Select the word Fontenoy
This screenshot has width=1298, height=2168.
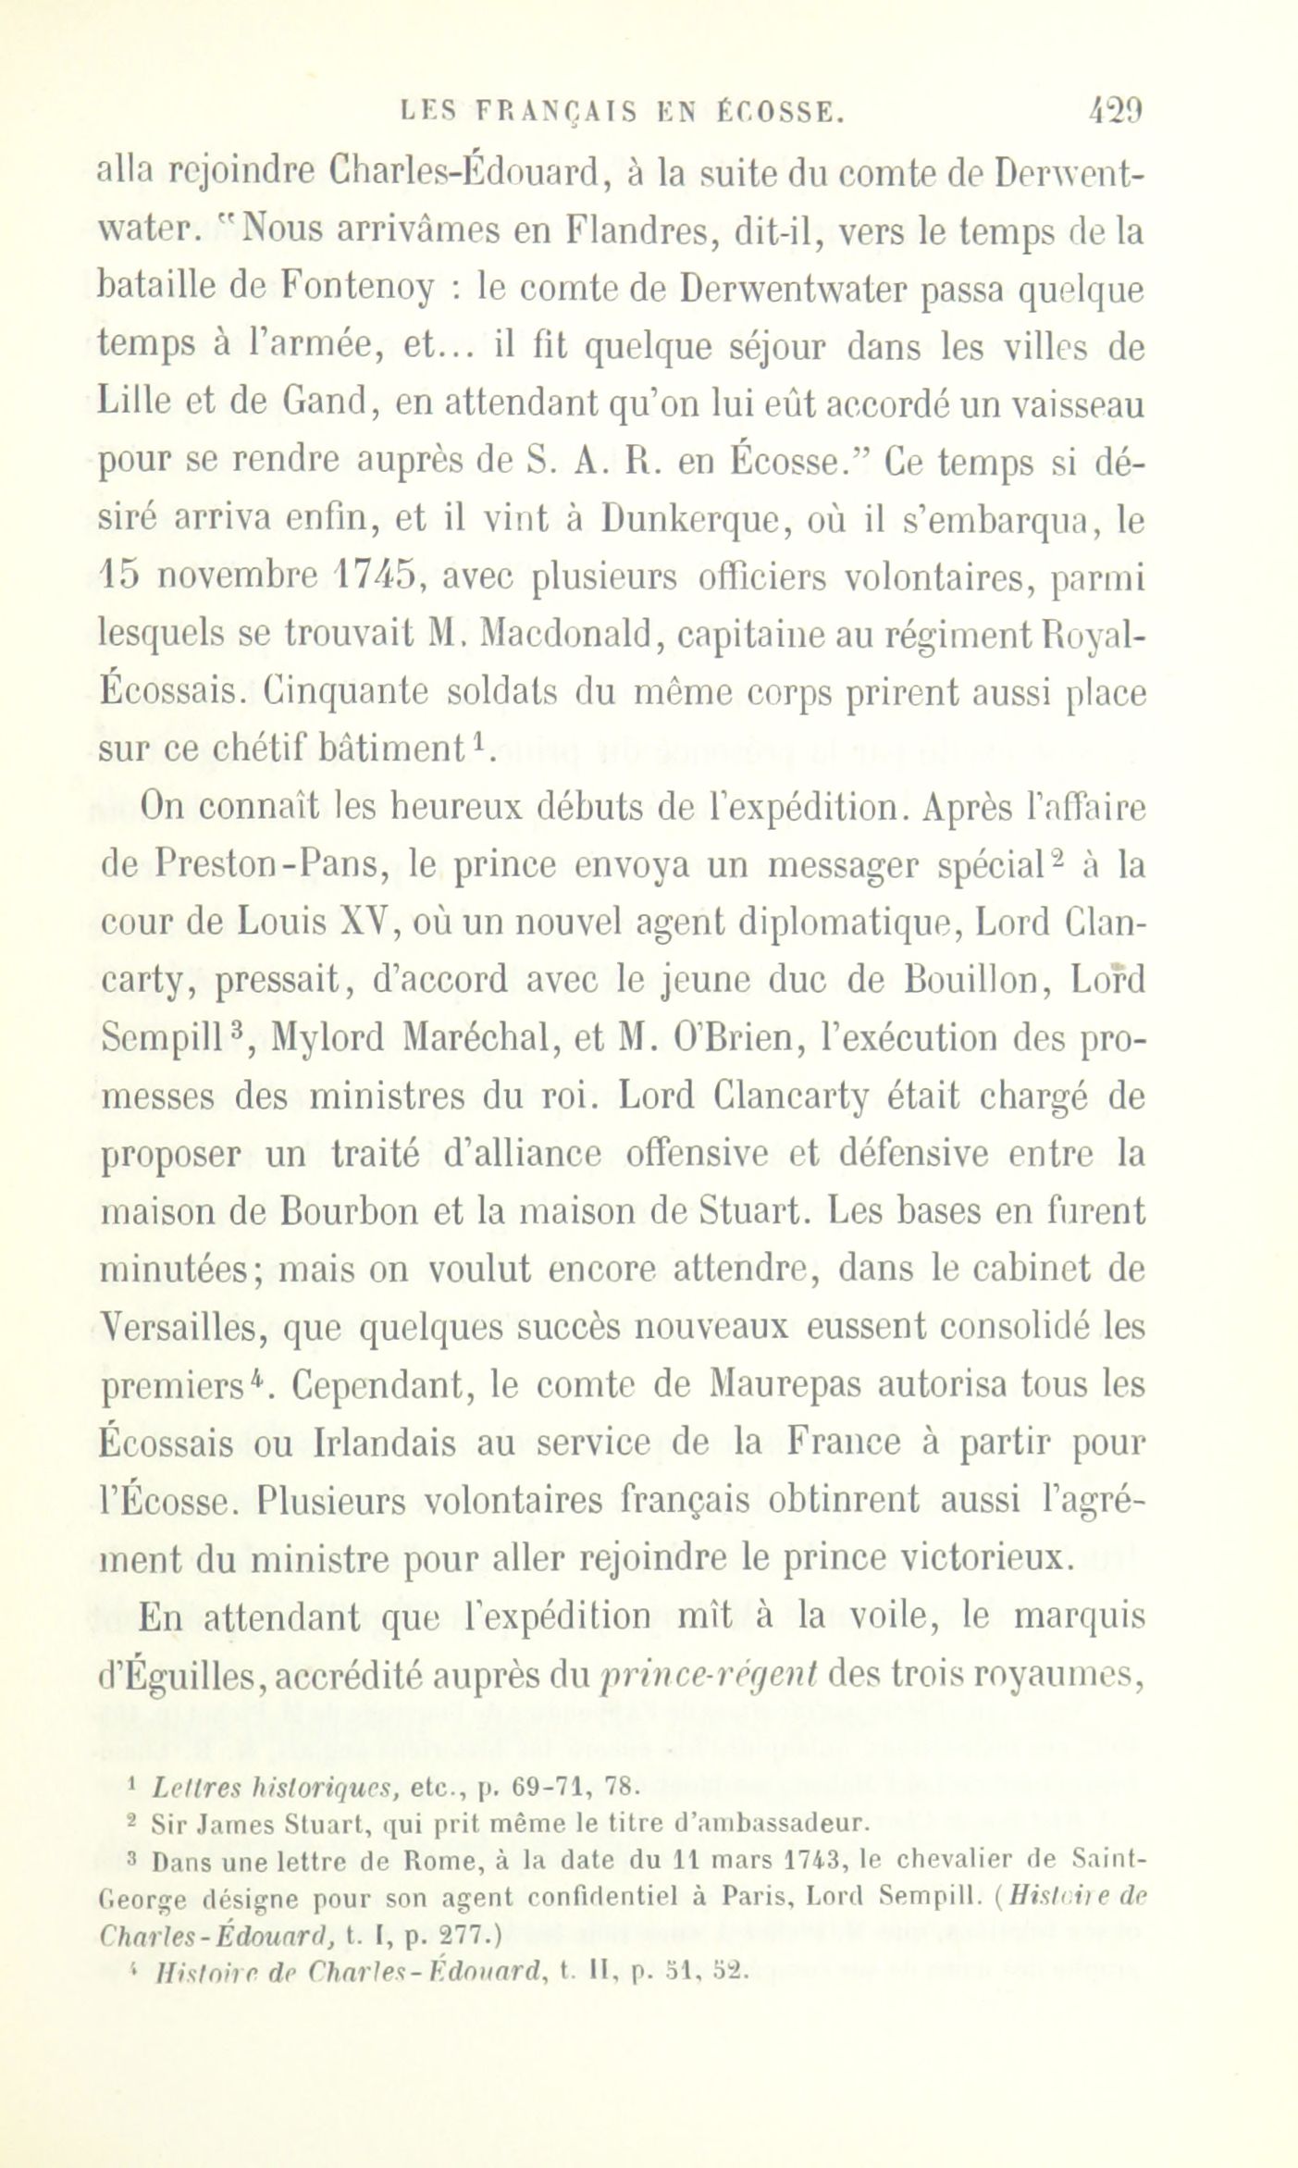click(x=357, y=290)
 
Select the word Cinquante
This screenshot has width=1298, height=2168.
click(x=335, y=694)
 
